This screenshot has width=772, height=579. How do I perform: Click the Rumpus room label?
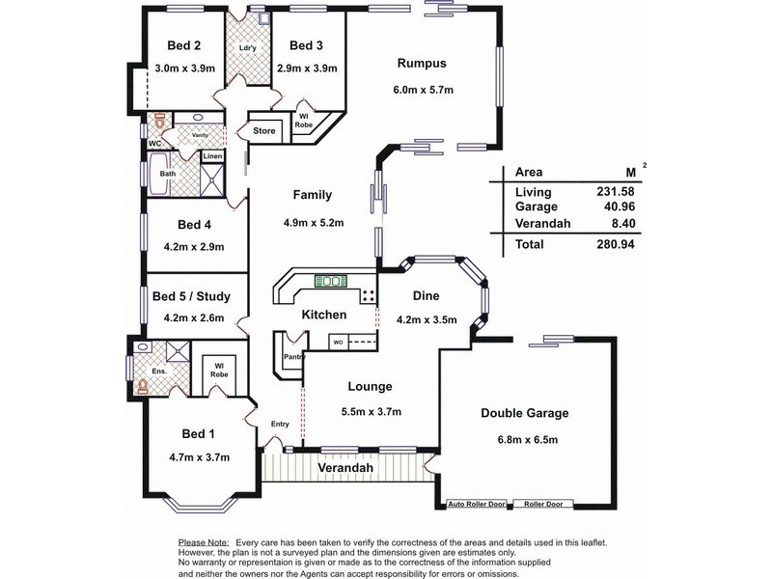coord(422,64)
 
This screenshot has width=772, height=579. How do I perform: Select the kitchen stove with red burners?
coord(369,295)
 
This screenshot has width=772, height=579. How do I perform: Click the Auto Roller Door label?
coord(476,504)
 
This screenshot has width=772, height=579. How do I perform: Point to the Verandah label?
coord(345,468)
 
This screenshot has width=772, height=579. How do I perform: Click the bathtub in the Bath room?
coord(158,175)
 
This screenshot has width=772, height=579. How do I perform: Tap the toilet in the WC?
coord(159,121)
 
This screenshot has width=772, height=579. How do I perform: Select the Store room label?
coord(263,131)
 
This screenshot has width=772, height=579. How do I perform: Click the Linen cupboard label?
coord(212,156)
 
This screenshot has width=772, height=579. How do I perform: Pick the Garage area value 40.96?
coord(620,207)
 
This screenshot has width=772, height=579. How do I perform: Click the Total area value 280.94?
coord(616,244)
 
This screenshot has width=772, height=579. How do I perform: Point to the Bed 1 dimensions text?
coord(200,457)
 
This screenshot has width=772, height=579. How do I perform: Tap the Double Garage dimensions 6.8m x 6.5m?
coord(527,440)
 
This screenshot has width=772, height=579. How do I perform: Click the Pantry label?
coord(294,356)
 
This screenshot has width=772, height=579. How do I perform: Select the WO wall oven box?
coord(339,343)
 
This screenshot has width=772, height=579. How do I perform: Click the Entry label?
coord(280,424)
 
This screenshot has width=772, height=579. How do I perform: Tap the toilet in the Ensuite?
coord(142,387)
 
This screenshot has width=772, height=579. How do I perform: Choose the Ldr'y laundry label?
coord(247,47)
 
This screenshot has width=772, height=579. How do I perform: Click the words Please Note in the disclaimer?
coord(204,542)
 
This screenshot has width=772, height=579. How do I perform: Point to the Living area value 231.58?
coord(616,191)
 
